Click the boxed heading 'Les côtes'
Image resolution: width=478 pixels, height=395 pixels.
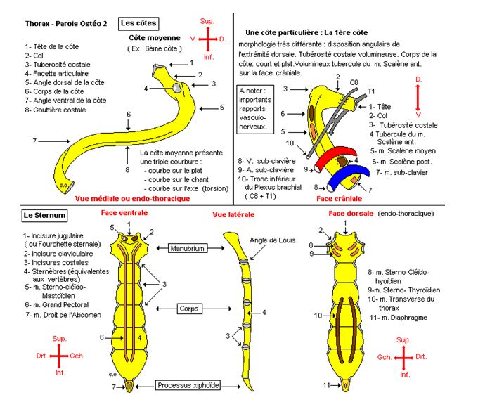click(x=139, y=24)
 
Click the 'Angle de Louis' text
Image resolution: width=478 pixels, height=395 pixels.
click(x=270, y=241)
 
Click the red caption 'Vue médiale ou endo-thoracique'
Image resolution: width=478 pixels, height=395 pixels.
click(x=133, y=199)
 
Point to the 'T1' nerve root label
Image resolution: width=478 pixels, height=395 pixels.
click(x=373, y=91)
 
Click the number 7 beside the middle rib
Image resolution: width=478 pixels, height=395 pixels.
click(x=34, y=141)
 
